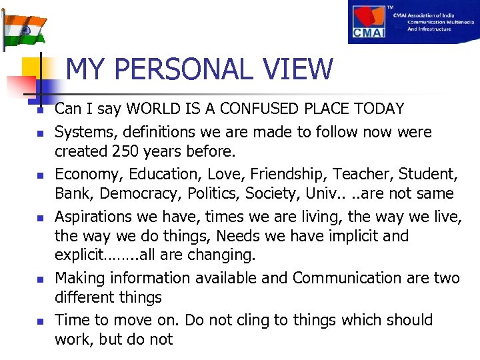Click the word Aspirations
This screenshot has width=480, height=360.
[x=95, y=217]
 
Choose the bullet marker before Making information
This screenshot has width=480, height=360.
[x=41, y=279]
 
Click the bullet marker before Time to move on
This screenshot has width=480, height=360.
[x=41, y=321]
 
